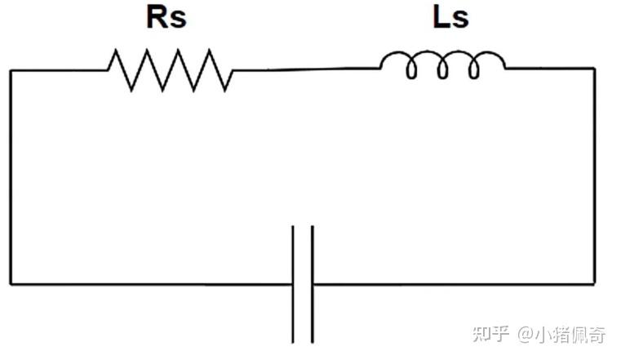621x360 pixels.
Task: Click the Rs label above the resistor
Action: (x=166, y=17)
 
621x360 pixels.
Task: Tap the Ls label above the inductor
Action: (x=451, y=17)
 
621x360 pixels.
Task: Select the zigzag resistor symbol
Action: (x=171, y=70)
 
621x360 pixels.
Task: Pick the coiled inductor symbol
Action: (x=442, y=64)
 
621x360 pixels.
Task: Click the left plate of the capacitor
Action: (x=293, y=284)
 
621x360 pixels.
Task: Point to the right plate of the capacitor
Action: (x=313, y=284)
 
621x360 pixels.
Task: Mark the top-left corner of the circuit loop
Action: (x=11, y=70)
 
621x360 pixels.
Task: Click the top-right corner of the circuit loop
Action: (x=594, y=69)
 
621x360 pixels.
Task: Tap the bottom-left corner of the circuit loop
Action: (x=11, y=284)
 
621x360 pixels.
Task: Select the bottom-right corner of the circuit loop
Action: (x=594, y=284)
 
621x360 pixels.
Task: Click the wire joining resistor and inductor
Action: (x=306, y=69)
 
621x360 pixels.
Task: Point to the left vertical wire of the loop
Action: (x=11, y=177)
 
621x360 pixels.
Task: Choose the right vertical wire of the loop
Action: (x=594, y=176)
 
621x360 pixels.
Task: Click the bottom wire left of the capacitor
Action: (x=151, y=284)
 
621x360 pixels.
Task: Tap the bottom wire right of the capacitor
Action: (x=454, y=284)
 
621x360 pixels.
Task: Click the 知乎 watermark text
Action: (x=490, y=334)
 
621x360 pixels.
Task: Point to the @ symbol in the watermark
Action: (x=526, y=335)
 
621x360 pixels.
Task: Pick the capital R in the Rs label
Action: (x=157, y=16)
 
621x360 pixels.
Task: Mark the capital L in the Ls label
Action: (x=441, y=16)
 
